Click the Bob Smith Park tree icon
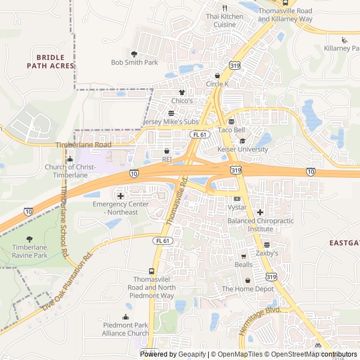point(134,54)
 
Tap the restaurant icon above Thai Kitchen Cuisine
point(224,8)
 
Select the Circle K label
point(218,84)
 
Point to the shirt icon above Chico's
point(182,92)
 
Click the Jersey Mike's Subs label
point(171,121)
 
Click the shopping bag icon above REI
point(166,151)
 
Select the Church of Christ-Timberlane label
point(70,171)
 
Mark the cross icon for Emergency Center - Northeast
point(120,195)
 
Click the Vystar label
point(237,208)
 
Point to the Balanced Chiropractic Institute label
point(260,225)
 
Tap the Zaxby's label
point(267,254)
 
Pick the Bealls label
point(244,264)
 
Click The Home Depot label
point(247,289)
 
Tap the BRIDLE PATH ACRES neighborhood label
point(50,61)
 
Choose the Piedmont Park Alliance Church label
point(126,329)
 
